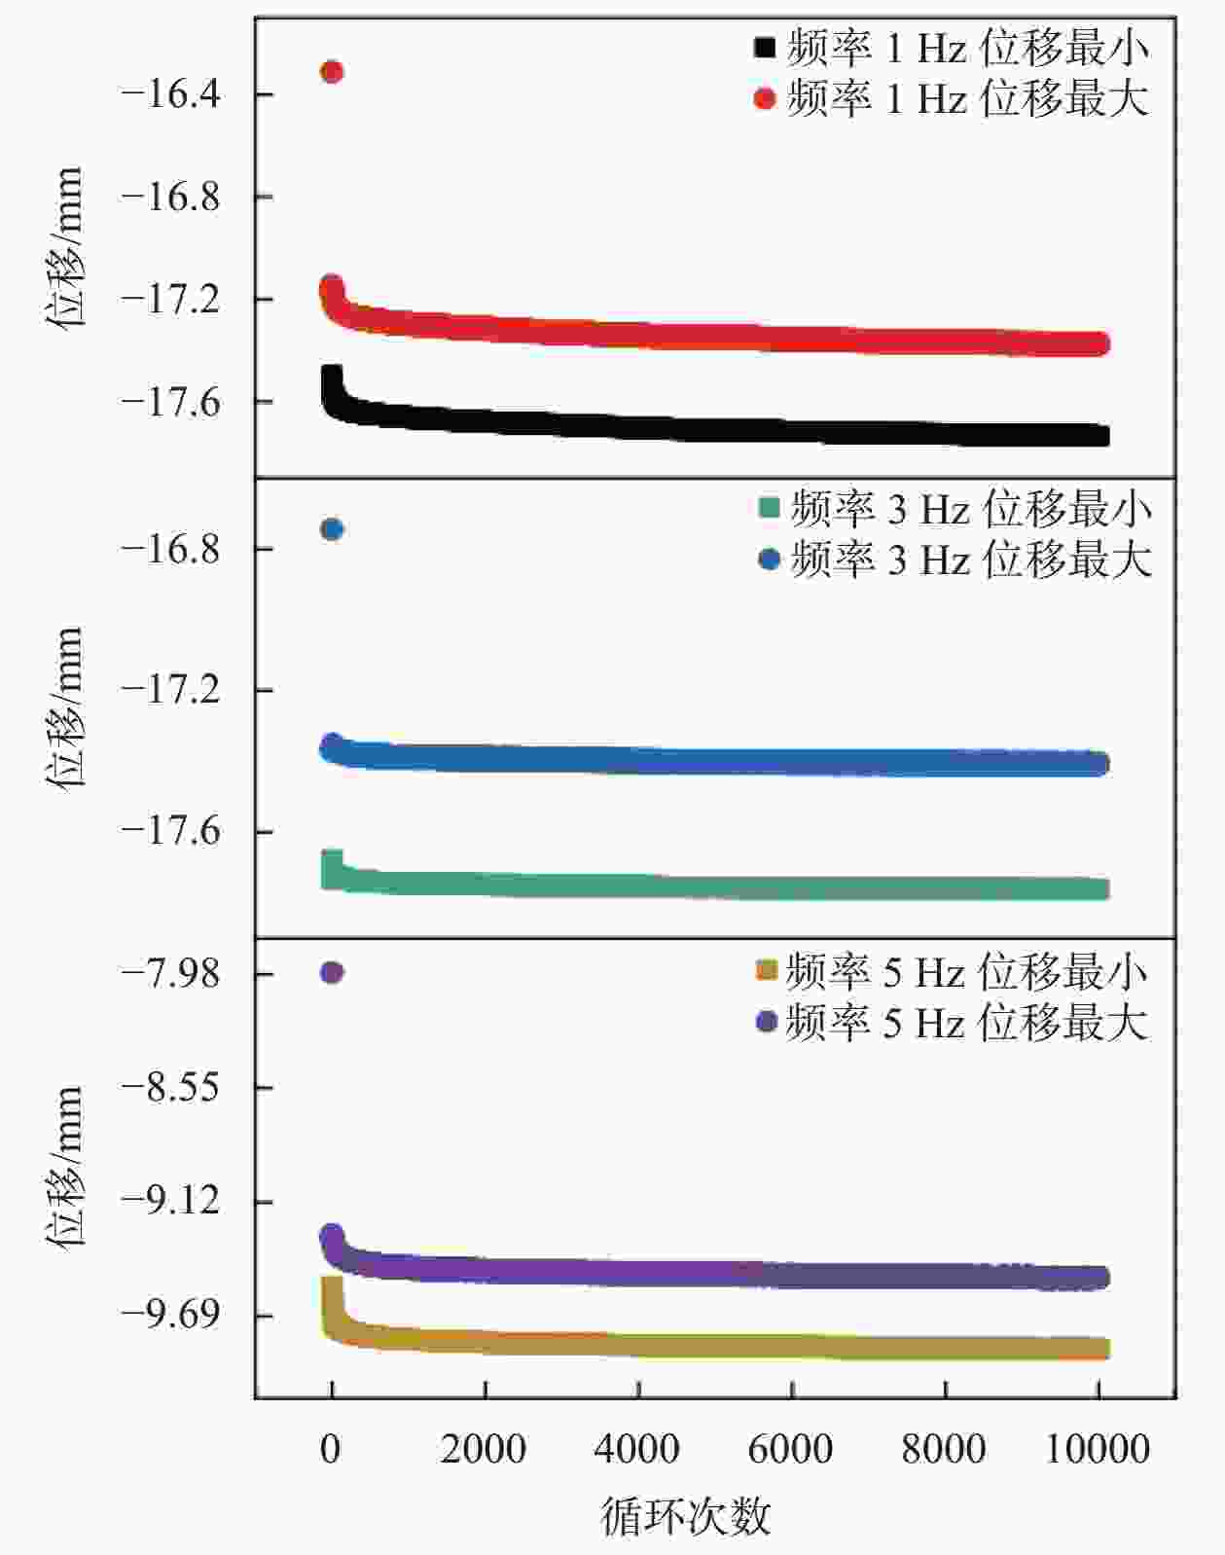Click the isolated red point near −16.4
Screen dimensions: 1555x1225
332,71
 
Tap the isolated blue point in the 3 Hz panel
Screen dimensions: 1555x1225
332,529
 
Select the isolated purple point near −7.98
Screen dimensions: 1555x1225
332,972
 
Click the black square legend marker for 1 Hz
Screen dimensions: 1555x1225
765,47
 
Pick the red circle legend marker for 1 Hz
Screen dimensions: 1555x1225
765,98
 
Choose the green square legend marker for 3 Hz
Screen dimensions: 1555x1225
769,508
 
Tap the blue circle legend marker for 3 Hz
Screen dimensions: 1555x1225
769,560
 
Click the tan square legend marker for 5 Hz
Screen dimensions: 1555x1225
766,970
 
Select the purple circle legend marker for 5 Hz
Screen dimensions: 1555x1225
766,1022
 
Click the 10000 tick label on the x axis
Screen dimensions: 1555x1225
1098,1449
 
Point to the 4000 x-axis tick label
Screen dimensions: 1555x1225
637,1449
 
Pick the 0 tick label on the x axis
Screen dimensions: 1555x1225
331,1449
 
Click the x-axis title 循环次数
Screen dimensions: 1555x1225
686,1515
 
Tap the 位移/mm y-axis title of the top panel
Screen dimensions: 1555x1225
65,247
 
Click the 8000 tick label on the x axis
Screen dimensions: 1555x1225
944,1449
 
